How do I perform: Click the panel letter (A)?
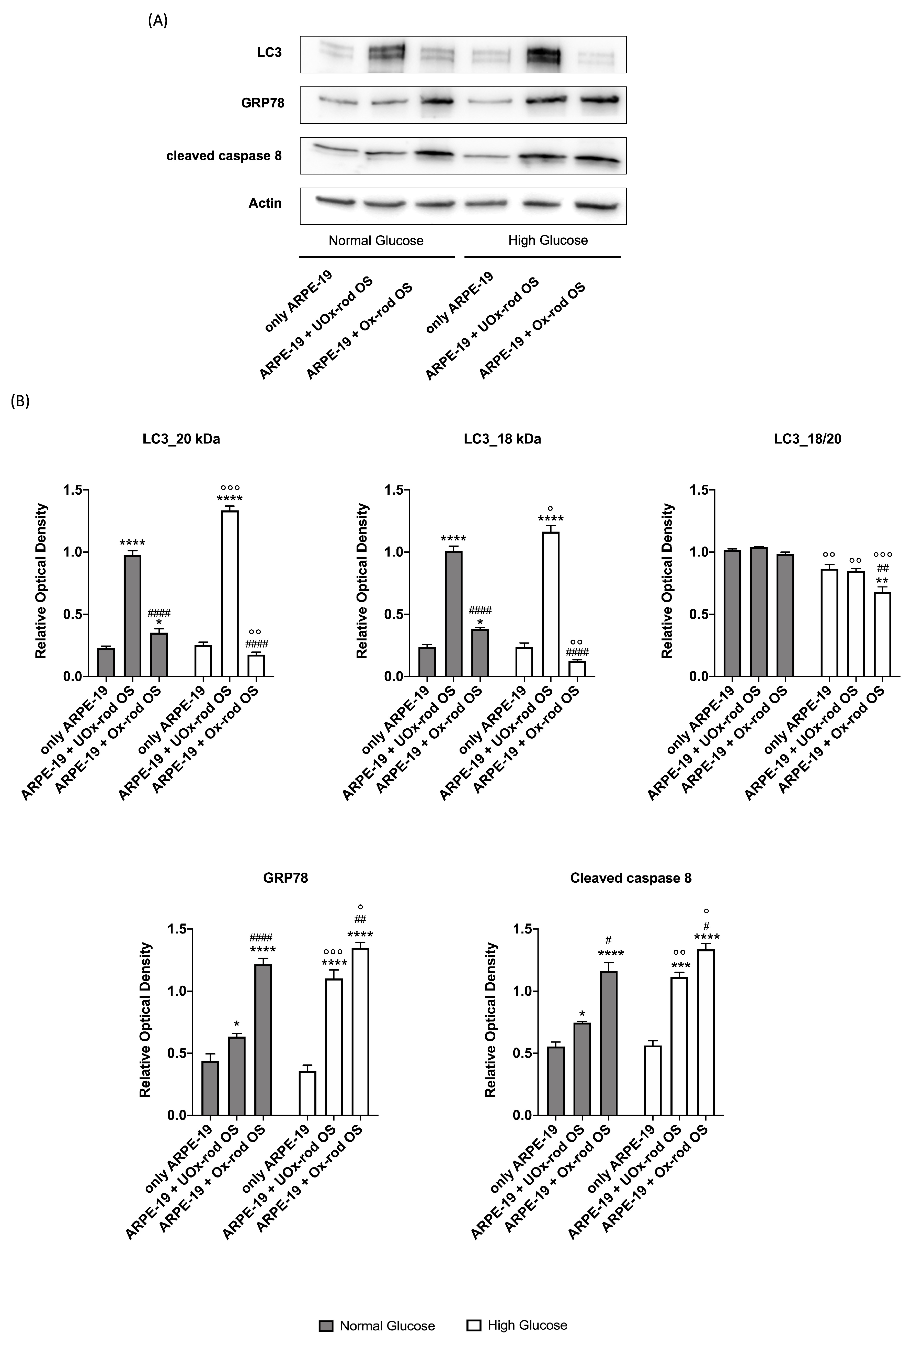pyautogui.click(x=157, y=21)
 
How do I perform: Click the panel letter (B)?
pyautogui.click(x=20, y=401)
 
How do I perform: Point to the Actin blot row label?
pyautogui.click(x=265, y=203)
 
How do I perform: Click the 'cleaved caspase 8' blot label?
pyautogui.click(x=224, y=156)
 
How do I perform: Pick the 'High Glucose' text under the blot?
pyautogui.click(x=548, y=240)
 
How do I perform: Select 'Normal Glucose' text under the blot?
pyautogui.click(x=376, y=240)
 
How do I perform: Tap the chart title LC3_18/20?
pyautogui.click(x=807, y=439)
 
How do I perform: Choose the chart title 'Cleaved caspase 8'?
pyautogui.click(x=630, y=878)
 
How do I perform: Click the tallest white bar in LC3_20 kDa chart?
pyautogui.click(x=230, y=593)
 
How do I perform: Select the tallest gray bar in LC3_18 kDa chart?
pyautogui.click(x=453, y=614)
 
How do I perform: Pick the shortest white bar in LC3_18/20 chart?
pyautogui.click(x=882, y=634)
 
